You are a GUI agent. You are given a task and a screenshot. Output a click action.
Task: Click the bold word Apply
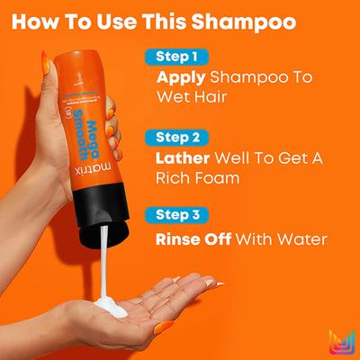click(181, 77)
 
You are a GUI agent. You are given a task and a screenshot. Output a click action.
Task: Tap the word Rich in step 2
click(176, 178)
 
